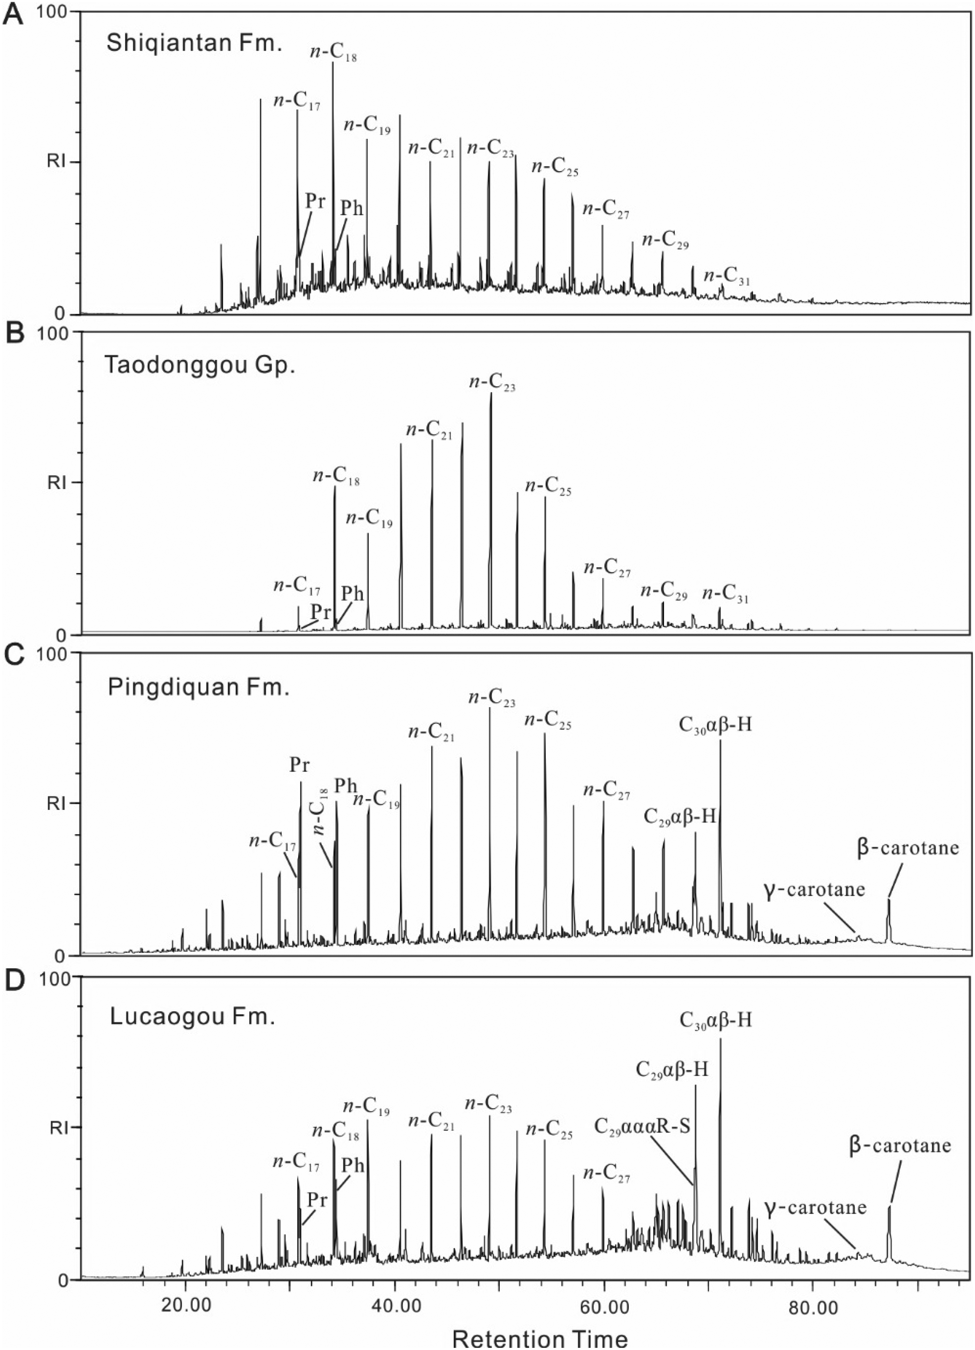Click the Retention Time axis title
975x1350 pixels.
540,1339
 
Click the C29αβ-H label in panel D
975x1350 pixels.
672,1070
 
